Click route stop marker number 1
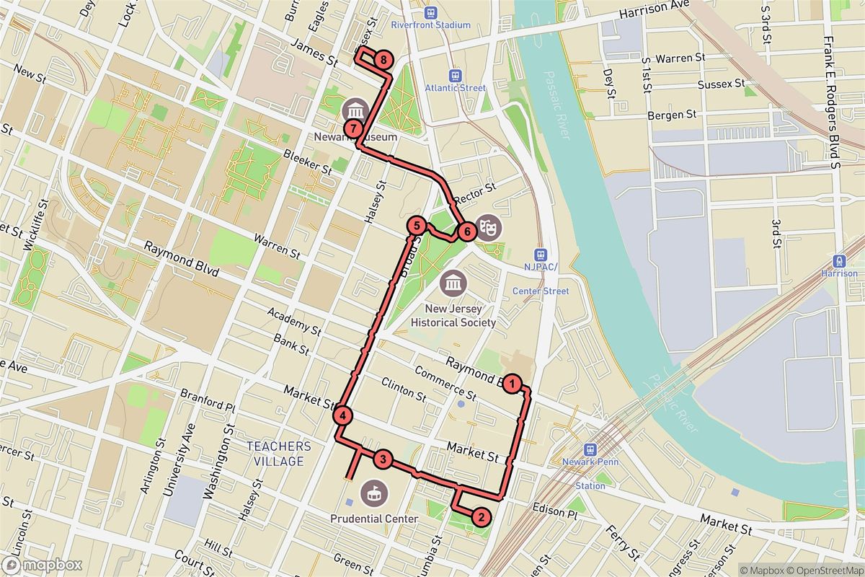512,384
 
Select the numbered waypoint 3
383,459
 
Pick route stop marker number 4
343,415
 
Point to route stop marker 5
415,225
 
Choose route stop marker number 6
466,232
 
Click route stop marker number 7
352,128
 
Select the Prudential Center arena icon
374,494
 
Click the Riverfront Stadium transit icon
430,12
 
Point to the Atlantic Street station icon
455,75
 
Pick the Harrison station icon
839,261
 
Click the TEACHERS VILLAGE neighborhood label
279,454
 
